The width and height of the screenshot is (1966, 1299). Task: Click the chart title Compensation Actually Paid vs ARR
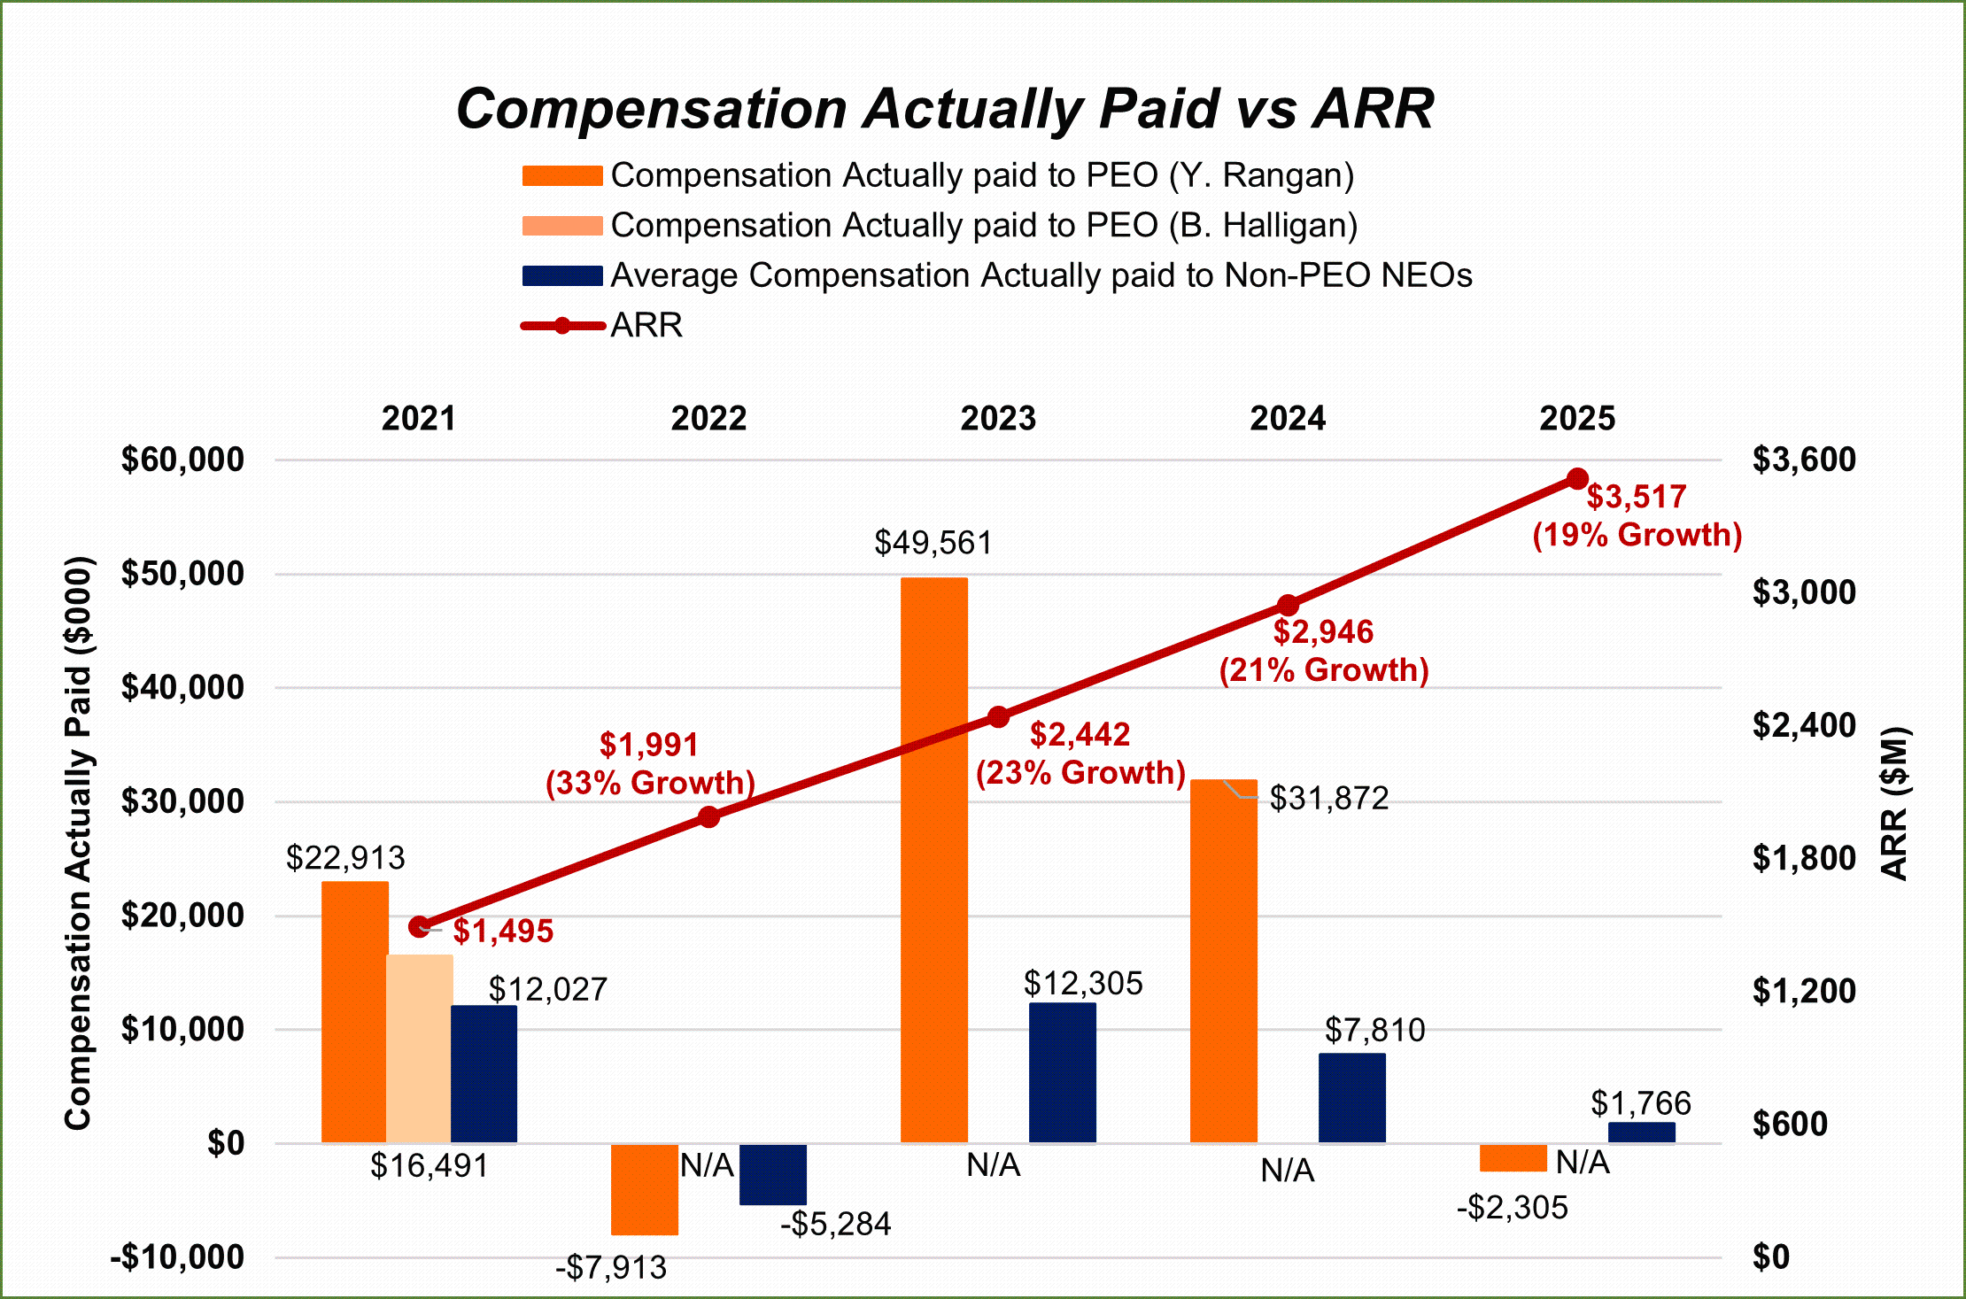[x=944, y=109]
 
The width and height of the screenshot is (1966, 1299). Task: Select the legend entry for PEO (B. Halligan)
[x=983, y=226]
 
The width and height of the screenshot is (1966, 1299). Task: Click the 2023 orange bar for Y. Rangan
[x=933, y=859]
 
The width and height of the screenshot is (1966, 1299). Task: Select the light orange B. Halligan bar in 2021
[x=420, y=1048]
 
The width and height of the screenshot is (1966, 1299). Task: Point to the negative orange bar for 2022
[x=645, y=1189]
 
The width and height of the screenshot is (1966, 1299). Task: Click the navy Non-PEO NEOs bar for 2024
[x=1351, y=1098]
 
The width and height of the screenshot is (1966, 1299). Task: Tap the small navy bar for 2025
[x=1641, y=1133]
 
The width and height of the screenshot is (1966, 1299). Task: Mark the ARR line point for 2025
[x=1577, y=479]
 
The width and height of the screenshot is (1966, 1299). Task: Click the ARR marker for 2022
[x=708, y=816]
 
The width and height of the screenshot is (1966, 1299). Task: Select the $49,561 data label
[x=933, y=543]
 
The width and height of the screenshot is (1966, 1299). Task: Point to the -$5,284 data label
[x=835, y=1224]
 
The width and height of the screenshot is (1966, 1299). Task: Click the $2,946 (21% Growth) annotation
[x=1324, y=651]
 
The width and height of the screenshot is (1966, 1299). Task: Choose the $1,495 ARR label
[x=503, y=932]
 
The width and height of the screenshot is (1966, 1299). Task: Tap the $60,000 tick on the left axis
[x=182, y=460]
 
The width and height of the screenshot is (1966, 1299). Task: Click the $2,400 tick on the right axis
[x=1804, y=725]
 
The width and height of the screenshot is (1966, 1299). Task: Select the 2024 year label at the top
[x=1288, y=418]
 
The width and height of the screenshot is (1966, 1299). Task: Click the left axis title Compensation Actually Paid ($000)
[x=79, y=842]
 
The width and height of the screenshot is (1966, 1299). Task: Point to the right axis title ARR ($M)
[x=1894, y=803]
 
